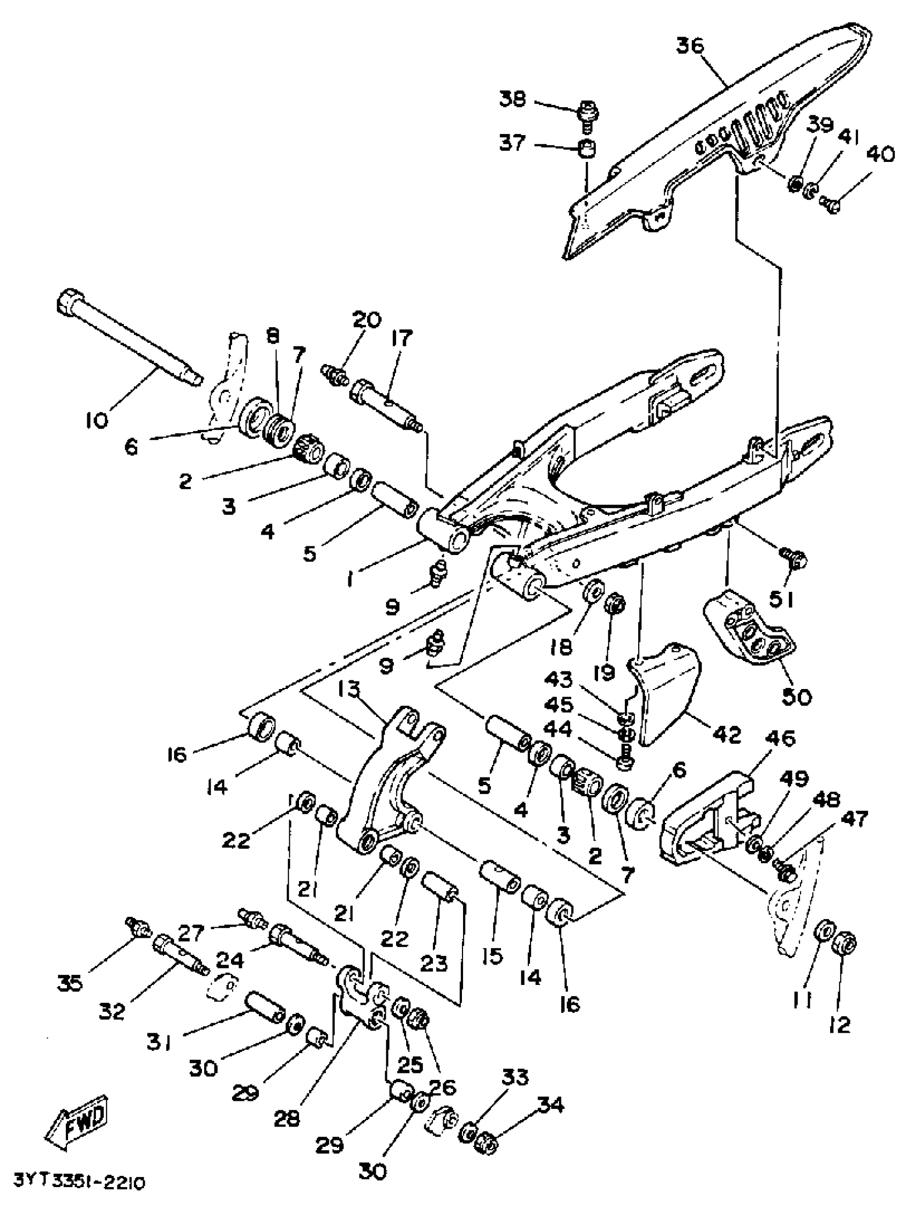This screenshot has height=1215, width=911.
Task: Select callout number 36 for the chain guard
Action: pyautogui.click(x=690, y=46)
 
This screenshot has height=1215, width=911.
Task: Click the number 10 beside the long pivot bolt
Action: pyautogui.click(x=97, y=420)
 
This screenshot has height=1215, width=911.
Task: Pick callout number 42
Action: pyautogui.click(x=728, y=734)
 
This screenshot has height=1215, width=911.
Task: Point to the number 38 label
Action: pyautogui.click(x=512, y=99)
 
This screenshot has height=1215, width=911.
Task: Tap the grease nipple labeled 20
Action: pyautogui.click(x=334, y=375)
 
